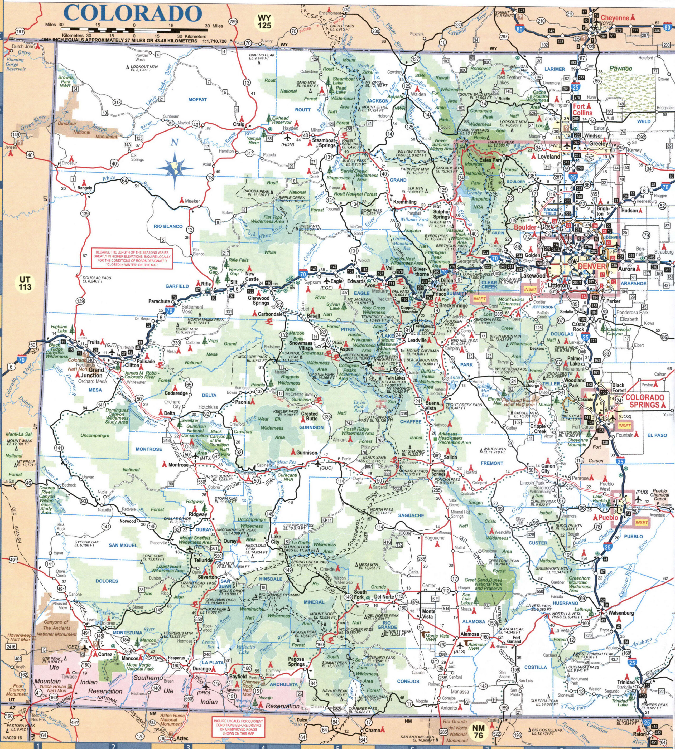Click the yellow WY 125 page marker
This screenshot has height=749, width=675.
(x=264, y=22)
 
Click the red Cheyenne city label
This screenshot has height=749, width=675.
(x=615, y=18)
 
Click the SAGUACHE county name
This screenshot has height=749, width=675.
(x=411, y=515)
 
